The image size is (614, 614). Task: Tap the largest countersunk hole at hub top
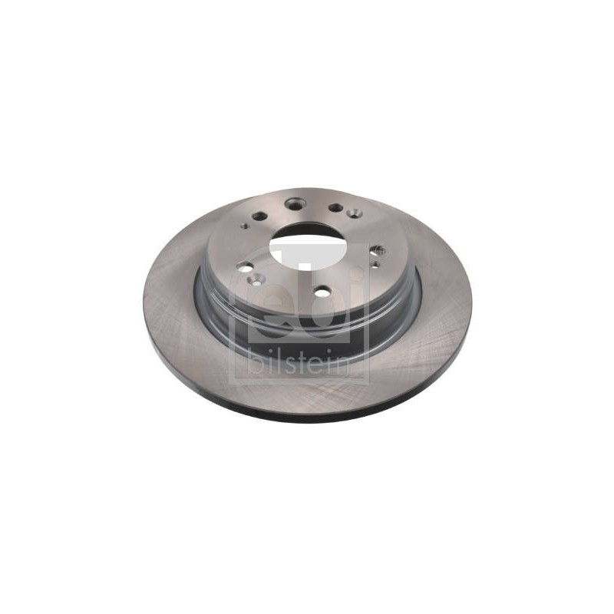point(294,203)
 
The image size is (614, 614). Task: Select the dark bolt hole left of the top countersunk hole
point(259,216)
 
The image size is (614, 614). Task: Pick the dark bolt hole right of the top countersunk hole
point(335,207)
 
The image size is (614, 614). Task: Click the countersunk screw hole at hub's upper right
point(354,213)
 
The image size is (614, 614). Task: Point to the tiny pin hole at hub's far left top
point(245,226)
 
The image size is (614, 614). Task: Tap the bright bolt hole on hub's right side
point(378,250)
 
